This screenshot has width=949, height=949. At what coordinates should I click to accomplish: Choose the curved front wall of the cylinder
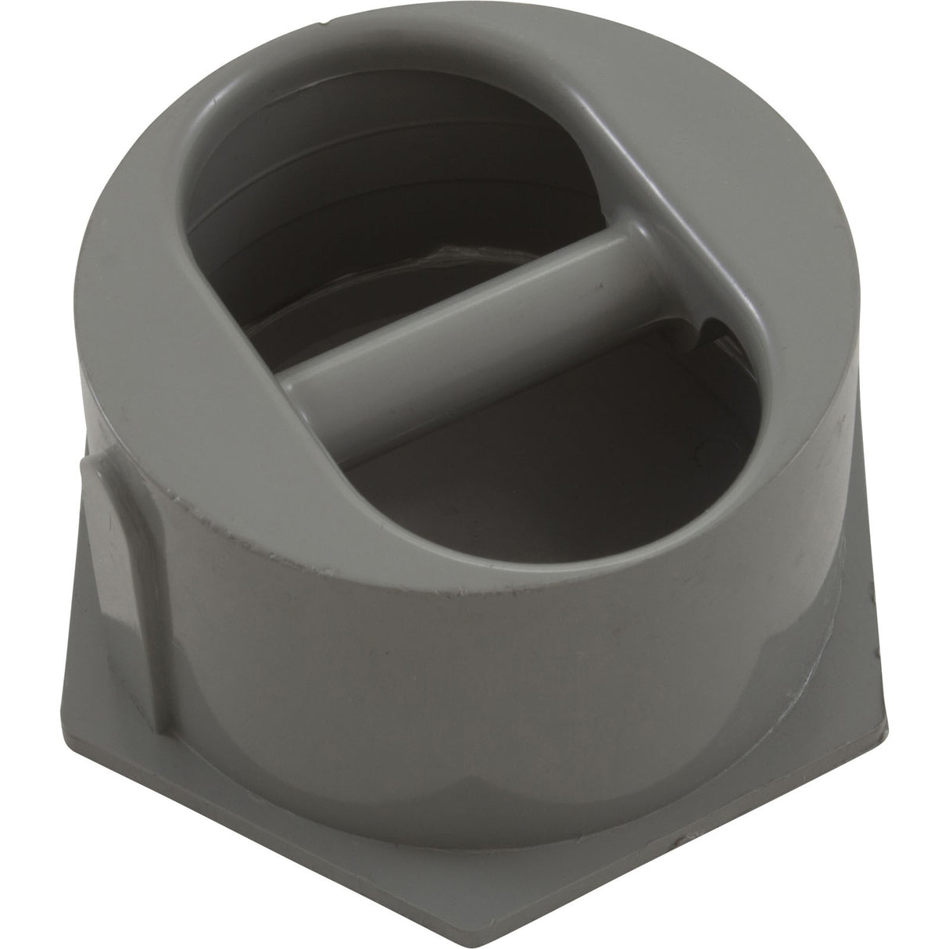(469, 649)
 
